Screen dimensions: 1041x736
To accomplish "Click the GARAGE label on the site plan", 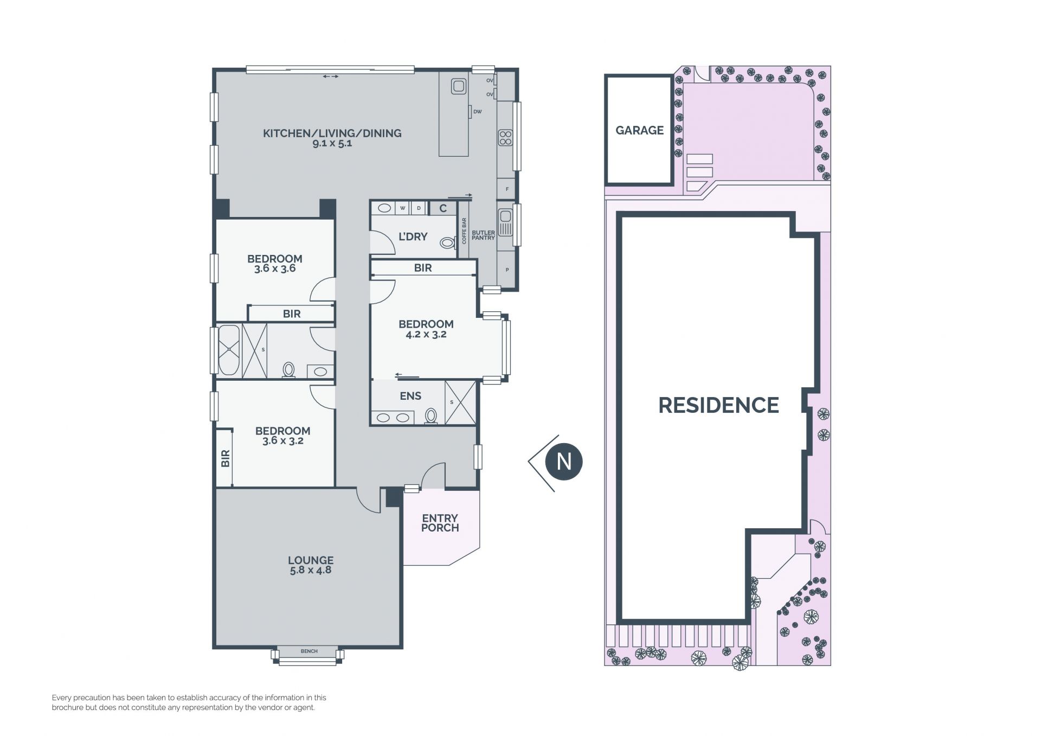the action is click(x=639, y=130).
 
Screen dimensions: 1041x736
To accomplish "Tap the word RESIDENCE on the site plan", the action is click(x=718, y=405).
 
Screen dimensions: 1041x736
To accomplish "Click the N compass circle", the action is click(x=564, y=462).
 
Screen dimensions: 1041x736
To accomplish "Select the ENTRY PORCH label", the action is click(x=440, y=523).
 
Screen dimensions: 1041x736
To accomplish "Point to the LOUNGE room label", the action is click(x=311, y=560).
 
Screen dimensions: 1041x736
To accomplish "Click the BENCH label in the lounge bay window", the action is click(x=309, y=651).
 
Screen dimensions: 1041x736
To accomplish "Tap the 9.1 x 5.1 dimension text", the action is click(x=332, y=143).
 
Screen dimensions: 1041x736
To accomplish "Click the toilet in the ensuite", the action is click(x=431, y=415).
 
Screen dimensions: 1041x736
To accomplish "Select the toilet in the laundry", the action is click(x=447, y=242).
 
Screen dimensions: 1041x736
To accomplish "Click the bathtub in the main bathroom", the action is click(x=228, y=350).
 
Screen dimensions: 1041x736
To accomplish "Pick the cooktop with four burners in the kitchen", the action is click(x=505, y=138).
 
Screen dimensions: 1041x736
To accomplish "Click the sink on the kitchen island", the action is click(x=459, y=86).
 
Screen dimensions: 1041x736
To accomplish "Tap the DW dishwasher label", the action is click(x=478, y=112).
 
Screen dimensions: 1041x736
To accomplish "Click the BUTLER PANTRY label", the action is click(x=483, y=235).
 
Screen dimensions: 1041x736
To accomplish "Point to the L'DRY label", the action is click(x=413, y=236).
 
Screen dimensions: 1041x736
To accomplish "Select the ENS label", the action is click(x=410, y=396).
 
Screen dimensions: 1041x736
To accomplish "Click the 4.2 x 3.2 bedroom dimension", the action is click(x=426, y=334).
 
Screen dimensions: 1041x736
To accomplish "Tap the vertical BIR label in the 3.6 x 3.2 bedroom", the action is click(x=226, y=458).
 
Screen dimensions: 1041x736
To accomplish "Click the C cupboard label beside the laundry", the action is click(x=443, y=208).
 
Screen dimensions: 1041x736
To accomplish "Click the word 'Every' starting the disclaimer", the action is click(x=61, y=698).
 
